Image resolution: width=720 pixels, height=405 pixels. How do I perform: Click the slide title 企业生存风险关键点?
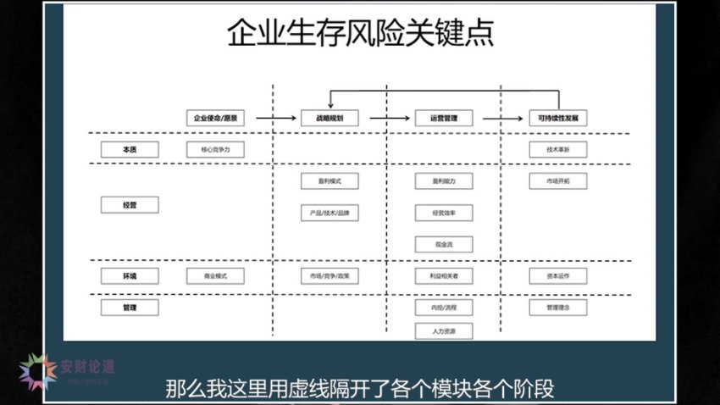361,34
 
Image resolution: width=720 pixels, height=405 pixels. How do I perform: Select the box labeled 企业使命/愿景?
214,119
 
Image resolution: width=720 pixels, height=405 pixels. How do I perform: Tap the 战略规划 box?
330,119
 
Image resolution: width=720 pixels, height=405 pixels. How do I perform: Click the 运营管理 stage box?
444,119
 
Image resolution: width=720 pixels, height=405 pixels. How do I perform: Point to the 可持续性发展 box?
558,119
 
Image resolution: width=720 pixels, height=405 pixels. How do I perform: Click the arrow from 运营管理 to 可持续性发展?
501,119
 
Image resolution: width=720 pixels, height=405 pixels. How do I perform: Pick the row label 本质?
130,149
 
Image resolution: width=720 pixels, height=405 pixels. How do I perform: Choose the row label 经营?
130,204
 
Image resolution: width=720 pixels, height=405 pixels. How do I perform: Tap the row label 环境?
130,275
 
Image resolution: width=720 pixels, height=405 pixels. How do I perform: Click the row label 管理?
130,307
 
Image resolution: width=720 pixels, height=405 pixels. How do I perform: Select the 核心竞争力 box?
214,149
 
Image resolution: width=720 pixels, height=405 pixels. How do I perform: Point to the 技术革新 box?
558,149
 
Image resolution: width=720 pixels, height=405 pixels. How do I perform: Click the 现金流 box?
444,244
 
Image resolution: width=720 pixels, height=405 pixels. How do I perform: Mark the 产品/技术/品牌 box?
330,212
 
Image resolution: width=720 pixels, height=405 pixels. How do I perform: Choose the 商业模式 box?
214,275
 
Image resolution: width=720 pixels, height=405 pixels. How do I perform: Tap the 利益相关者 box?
444,275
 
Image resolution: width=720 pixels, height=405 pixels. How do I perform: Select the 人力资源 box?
444,330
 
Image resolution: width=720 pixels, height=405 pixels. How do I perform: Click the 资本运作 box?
558,275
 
